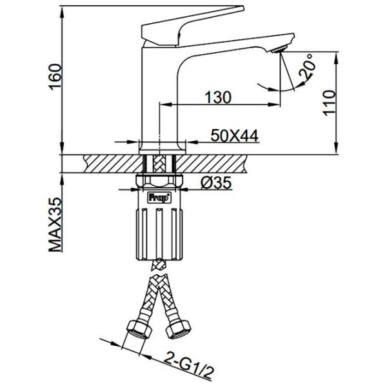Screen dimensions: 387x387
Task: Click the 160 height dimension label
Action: [x=55, y=77]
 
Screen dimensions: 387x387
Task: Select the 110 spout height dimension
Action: [x=330, y=103]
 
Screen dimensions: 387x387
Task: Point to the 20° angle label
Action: [x=307, y=66]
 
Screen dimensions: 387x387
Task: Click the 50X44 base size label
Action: [x=235, y=135]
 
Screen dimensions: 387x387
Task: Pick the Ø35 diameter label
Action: [x=216, y=183]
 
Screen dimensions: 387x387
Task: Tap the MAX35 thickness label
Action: [x=55, y=224]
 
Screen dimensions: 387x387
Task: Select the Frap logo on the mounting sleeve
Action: [x=159, y=197]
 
